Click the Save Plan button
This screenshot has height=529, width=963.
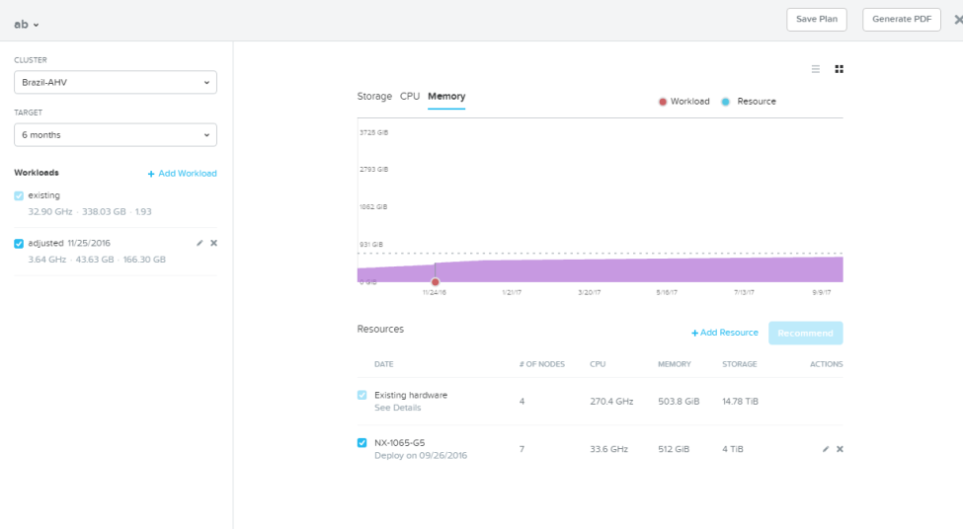pos(816,20)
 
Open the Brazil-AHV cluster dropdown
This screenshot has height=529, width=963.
pos(116,82)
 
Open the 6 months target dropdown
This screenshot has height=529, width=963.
pos(116,135)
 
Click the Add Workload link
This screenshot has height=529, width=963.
pos(182,174)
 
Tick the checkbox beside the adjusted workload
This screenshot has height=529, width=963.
pos(19,244)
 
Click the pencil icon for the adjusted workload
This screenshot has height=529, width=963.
pos(200,243)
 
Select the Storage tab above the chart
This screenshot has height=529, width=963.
pos(374,97)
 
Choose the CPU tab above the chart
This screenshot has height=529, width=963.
pos(410,97)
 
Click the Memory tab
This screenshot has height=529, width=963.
pos(446,97)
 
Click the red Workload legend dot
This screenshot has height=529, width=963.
pos(663,102)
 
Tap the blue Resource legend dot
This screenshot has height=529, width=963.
pos(725,102)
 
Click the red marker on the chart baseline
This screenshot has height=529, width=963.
pos(435,282)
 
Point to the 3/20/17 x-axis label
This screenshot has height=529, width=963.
pos(589,293)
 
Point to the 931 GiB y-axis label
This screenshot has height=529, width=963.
pos(371,244)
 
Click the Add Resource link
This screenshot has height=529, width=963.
pos(725,333)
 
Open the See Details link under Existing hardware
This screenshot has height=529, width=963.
pos(397,408)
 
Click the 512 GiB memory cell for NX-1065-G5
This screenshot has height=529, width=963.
pos(674,449)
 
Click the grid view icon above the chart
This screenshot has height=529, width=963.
pos(839,69)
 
